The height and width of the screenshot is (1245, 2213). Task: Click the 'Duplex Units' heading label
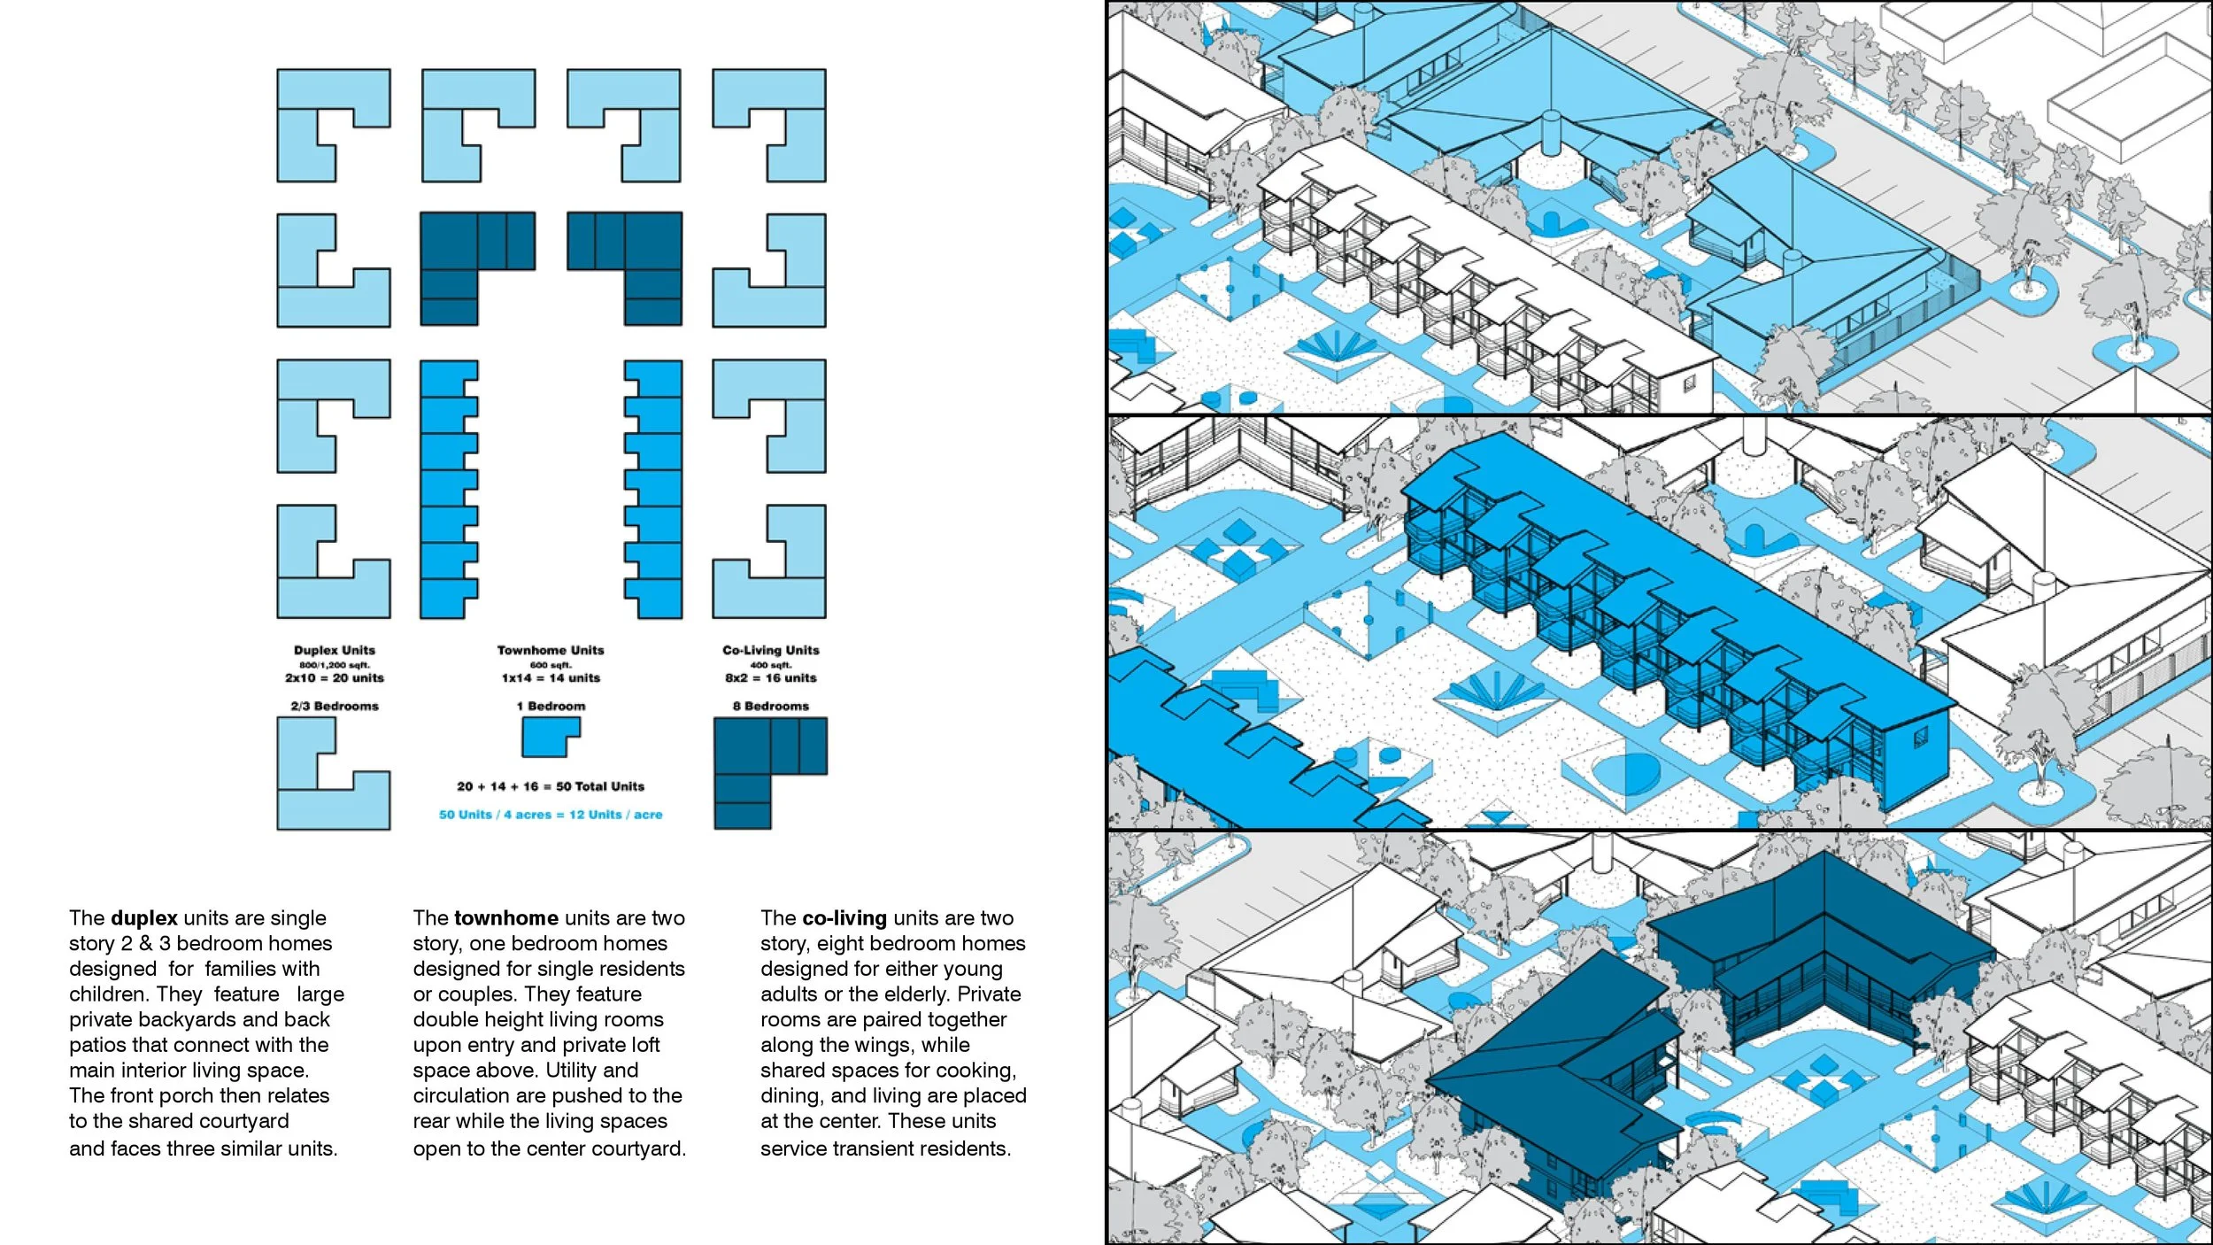(x=335, y=650)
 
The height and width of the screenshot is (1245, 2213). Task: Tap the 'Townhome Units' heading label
(x=551, y=650)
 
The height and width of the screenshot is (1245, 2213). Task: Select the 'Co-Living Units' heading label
(x=770, y=650)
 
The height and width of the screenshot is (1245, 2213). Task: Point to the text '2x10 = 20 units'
(x=335, y=678)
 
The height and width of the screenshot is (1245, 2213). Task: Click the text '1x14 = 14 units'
(x=551, y=678)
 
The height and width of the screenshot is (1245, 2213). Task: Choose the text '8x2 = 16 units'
(x=770, y=678)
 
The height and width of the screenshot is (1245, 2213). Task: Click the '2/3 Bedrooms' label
(x=335, y=706)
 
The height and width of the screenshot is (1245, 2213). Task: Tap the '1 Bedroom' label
(x=551, y=706)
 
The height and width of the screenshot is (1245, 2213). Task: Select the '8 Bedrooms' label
(x=770, y=706)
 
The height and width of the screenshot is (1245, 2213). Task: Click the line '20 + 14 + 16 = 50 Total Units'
(x=551, y=786)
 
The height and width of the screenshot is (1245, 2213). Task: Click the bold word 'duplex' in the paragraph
(x=144, y=918)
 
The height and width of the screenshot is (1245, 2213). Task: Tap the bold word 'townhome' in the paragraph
(x=506, y=918)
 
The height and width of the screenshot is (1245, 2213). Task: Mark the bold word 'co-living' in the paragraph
(x=844, y=918)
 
